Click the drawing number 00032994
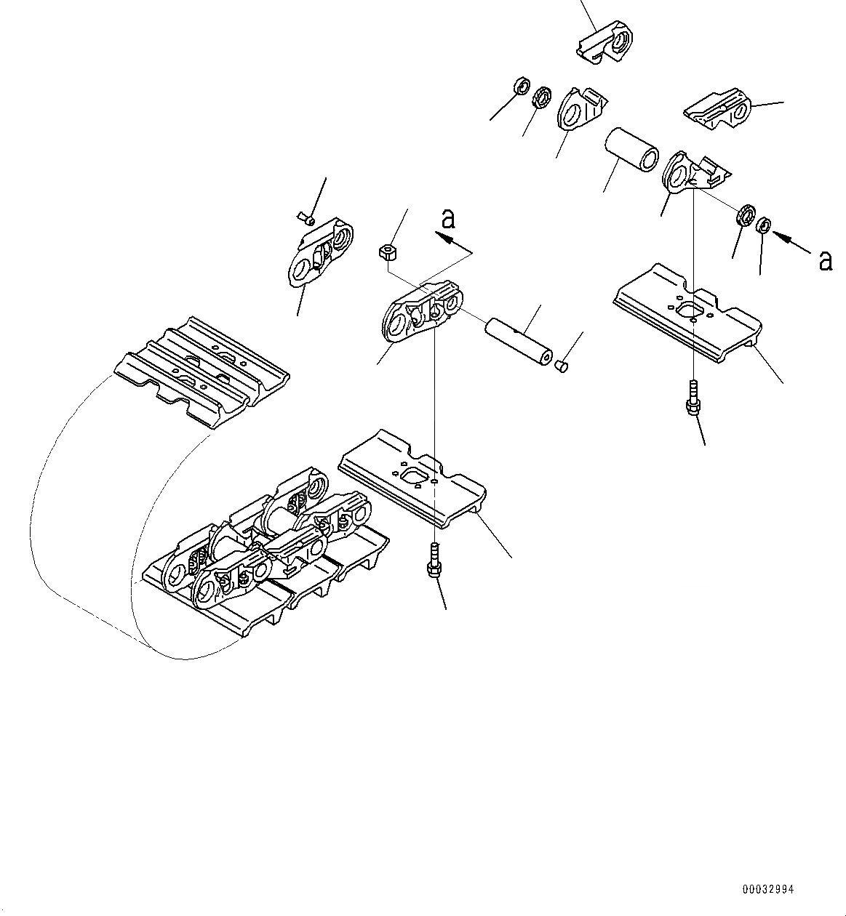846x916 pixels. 769,889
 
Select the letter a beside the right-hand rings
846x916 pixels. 825,260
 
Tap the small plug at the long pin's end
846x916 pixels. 561,366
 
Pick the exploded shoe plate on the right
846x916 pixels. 690,312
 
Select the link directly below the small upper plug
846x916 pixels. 320,253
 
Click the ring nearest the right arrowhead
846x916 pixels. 764,225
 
